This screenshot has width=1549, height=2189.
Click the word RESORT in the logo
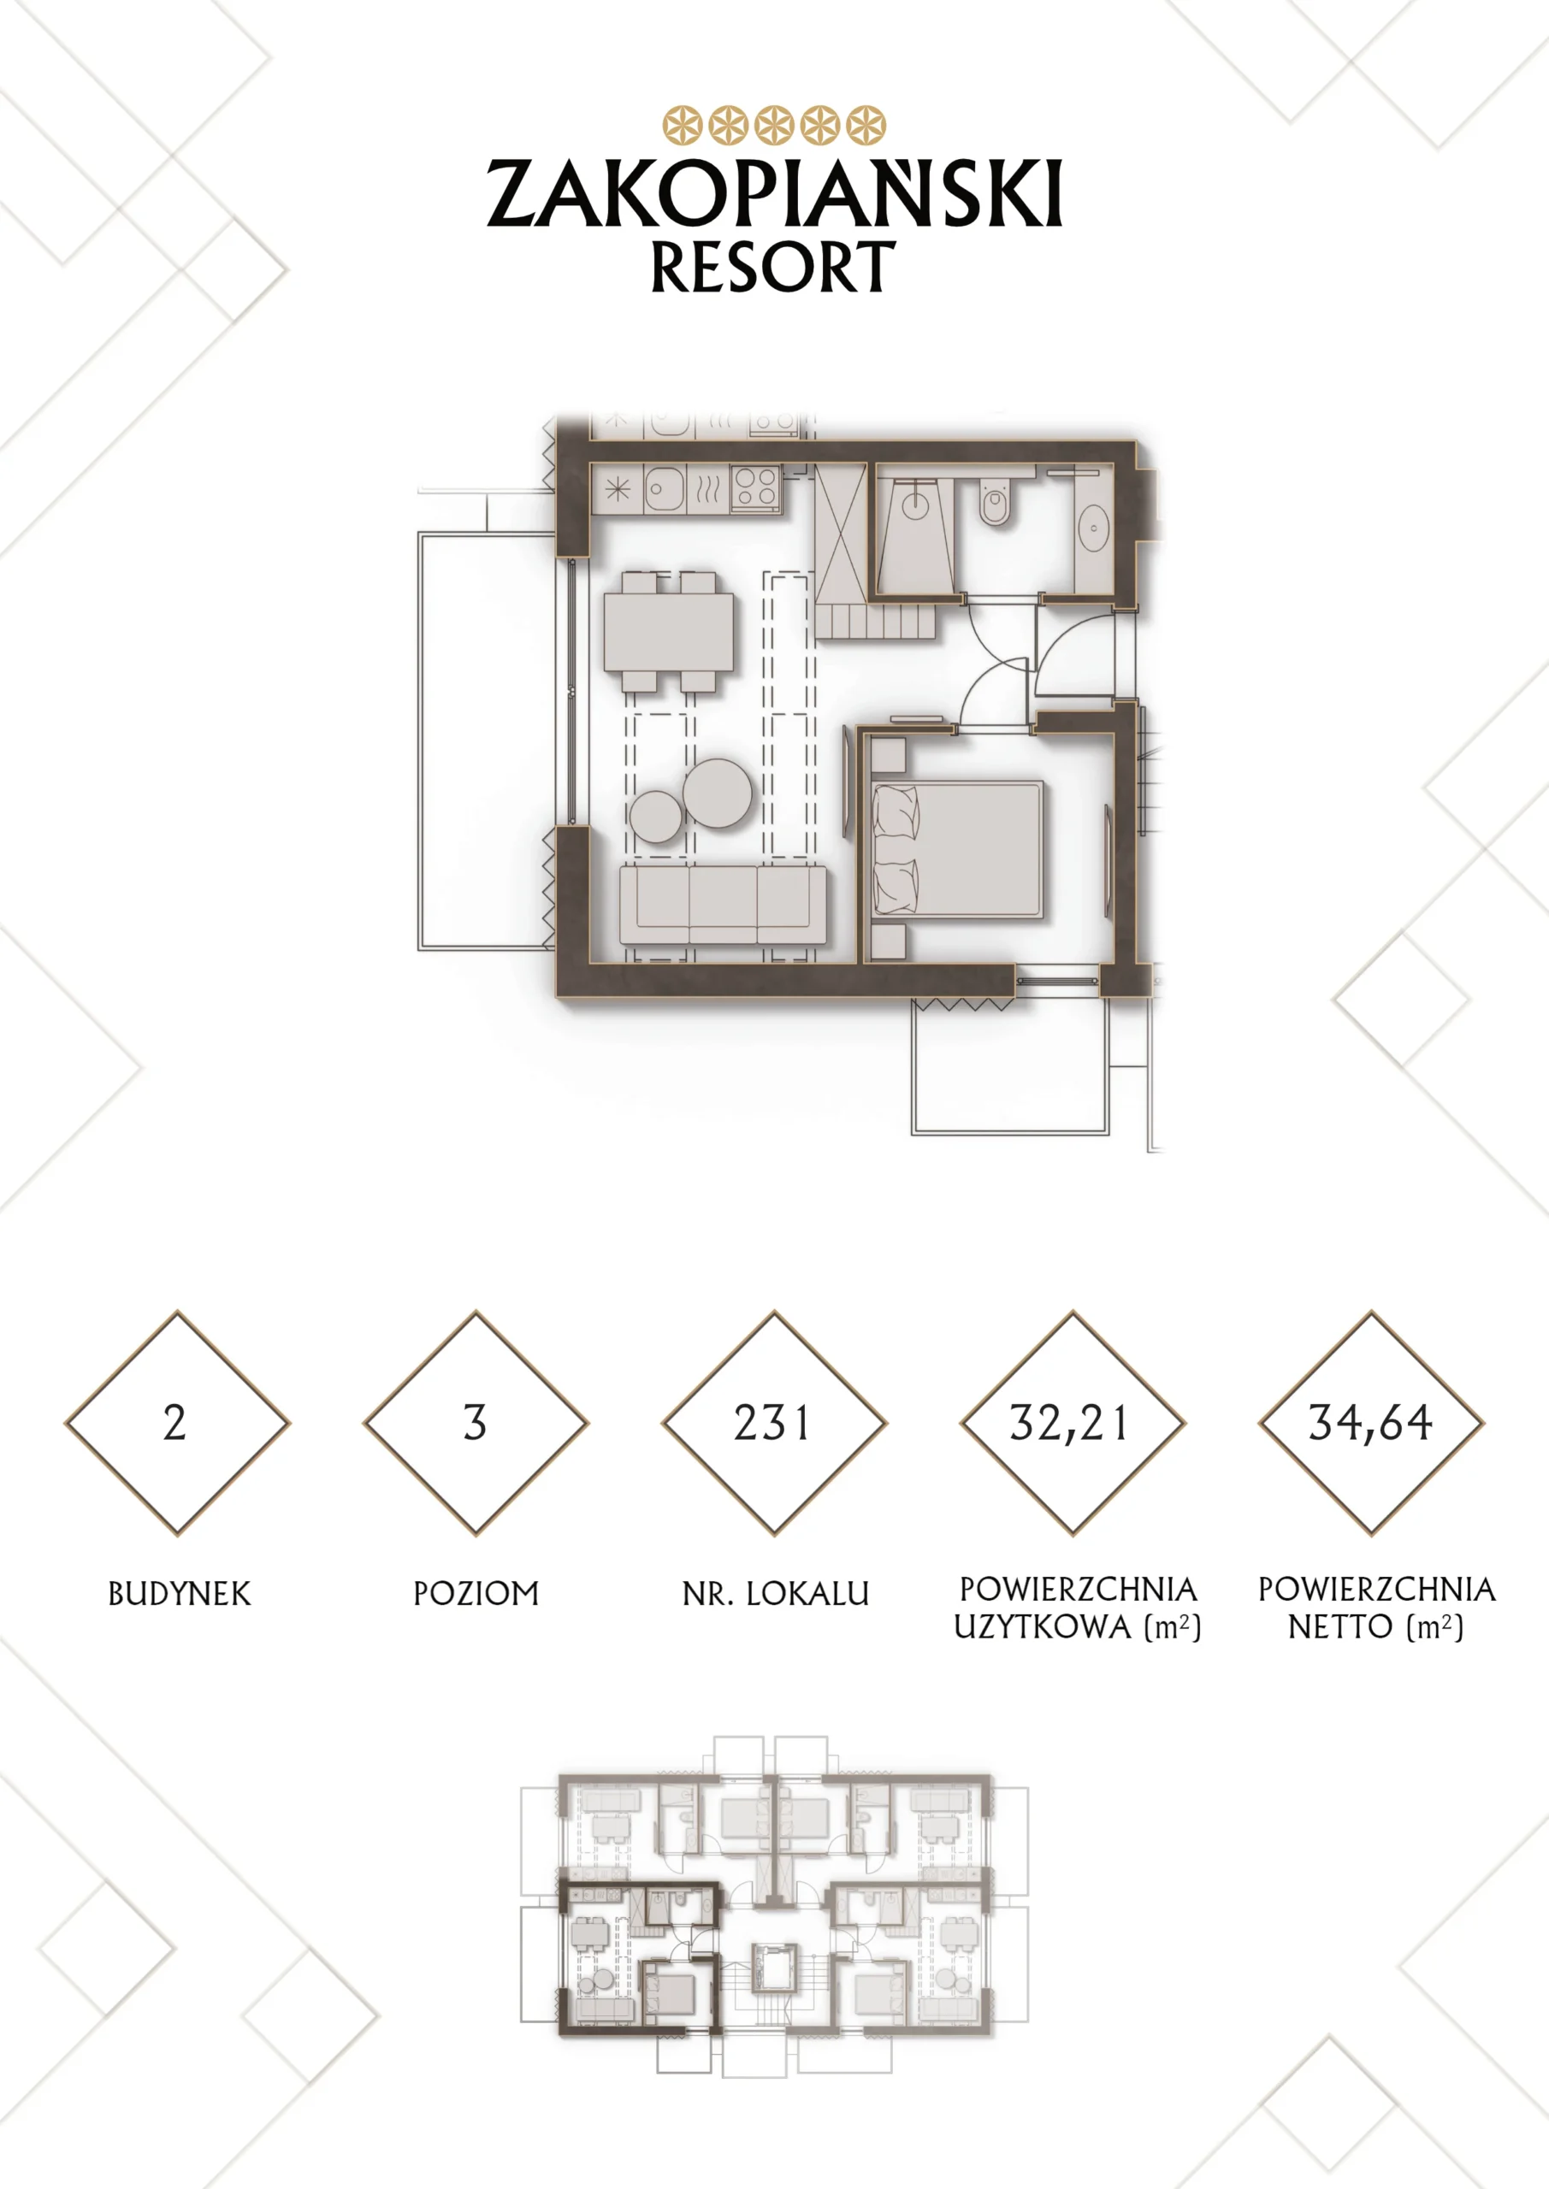click(x=773, y=267)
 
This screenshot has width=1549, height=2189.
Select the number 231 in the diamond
click(x=772, y=1423)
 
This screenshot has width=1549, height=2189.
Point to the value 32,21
click(x=1069, y=1424)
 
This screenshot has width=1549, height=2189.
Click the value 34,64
click(x=1369, y=1424)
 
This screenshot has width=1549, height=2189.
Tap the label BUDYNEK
click(x=180, y=1594)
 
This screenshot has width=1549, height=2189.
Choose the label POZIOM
click(x=476, y=1594)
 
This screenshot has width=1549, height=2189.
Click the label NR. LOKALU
click(x=776, y=1594)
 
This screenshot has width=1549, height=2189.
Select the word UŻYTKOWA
click(x=1043, y=1627)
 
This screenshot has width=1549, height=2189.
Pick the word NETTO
click(x=1340, y=1627)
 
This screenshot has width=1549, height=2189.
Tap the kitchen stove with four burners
click(x=756, y=488)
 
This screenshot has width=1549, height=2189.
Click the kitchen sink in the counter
click(x=664, y=490)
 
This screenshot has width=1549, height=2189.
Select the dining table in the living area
click(x=669, y=631)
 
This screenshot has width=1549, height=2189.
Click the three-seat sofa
click(x=723, y=904)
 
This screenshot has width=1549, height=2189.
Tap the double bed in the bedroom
click(x=958, y=849)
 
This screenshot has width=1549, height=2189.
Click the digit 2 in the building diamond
click(x=174, y=1423)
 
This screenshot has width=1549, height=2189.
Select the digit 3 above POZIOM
click(x=475, y=1423)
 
